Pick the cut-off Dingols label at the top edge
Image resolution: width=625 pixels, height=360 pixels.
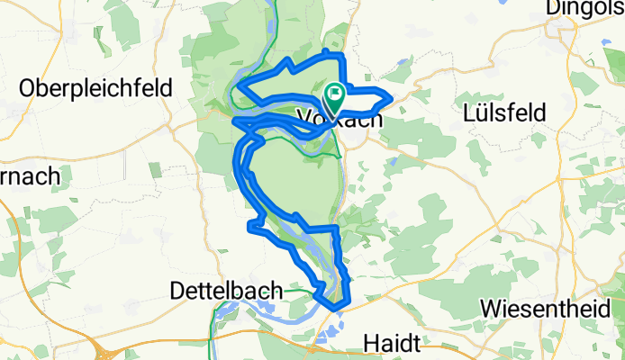point(585,8)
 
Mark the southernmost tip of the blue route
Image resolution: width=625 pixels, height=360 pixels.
point(336,308)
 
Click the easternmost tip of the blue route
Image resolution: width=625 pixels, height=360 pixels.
point(390,97)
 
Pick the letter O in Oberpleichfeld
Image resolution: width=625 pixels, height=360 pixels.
point(27,90)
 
